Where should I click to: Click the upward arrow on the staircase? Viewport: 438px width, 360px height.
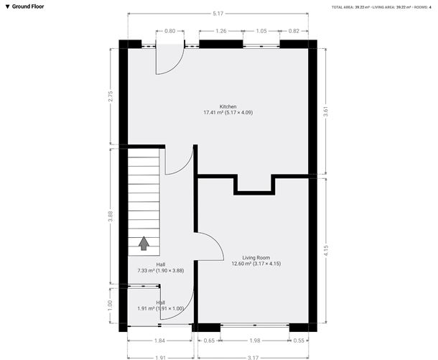coord(144,244)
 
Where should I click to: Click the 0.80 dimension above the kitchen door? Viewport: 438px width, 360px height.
coord(169,31)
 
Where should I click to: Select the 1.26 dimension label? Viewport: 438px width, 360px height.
coord(221,31)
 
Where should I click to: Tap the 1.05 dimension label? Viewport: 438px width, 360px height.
coord(261,31)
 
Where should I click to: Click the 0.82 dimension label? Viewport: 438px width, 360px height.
coord(294,31)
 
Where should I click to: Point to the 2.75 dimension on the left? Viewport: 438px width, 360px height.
coord(110,98)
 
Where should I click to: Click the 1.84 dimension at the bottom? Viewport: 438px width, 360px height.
coord(159,340)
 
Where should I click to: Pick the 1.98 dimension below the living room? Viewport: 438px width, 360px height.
coord(255,340)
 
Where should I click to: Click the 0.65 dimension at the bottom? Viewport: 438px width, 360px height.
coord(209,340)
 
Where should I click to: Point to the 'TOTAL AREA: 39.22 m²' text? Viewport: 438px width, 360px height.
coord(357,6)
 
